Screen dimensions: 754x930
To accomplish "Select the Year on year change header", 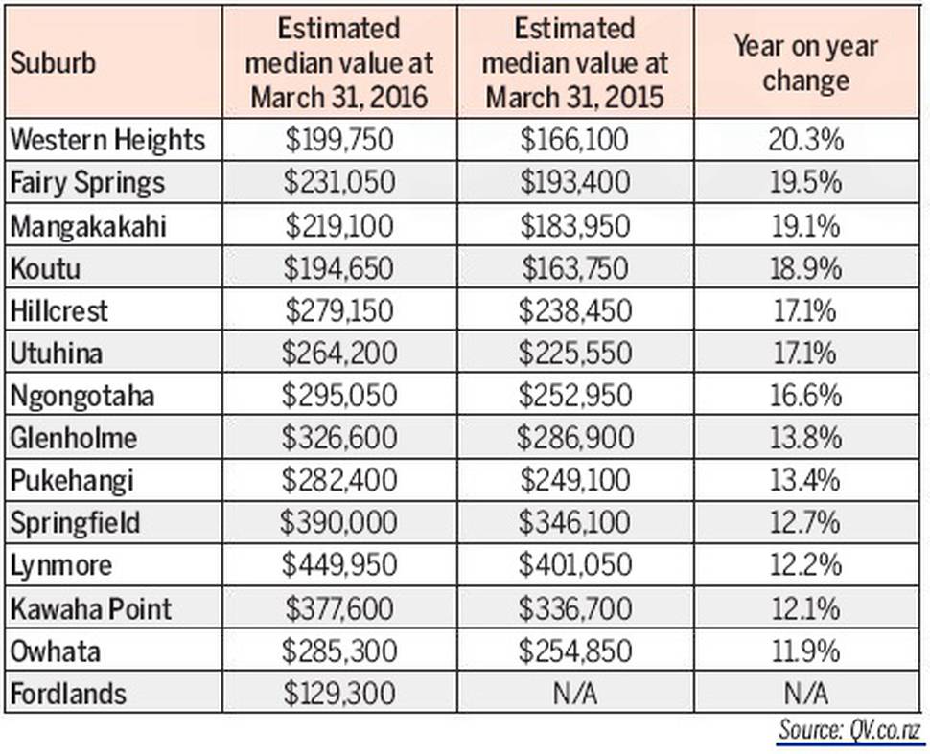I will pos(805,63).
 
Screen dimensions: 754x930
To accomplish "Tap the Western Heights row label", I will pos(107,140).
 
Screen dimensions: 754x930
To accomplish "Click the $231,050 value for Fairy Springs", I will pos(339,183).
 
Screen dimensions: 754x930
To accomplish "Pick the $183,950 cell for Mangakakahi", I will pos(575,226).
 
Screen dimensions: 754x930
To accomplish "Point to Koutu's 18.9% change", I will pos(805,268).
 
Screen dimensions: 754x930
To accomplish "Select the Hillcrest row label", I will pos(59,311).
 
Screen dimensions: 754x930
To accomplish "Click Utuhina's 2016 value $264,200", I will pos(339,354).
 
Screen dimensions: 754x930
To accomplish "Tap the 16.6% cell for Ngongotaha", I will pos(805,396).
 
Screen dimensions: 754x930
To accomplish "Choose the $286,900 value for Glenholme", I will pos(575,439).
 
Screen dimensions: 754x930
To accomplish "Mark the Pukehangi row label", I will pos(72,481).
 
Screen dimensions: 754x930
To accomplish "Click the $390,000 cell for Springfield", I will pos(339,523).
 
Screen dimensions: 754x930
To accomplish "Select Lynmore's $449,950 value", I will pos(339,566).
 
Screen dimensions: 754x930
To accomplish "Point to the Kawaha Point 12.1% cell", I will pos(805,608).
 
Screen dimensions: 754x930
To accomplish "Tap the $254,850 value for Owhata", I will pos(575,651).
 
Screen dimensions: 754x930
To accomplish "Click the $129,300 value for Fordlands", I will pos(339,694).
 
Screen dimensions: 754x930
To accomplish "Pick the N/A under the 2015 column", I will pos(575,694).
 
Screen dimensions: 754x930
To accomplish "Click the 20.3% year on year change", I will pos(805,140).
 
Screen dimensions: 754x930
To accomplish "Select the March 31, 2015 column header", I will pos(575,63).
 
